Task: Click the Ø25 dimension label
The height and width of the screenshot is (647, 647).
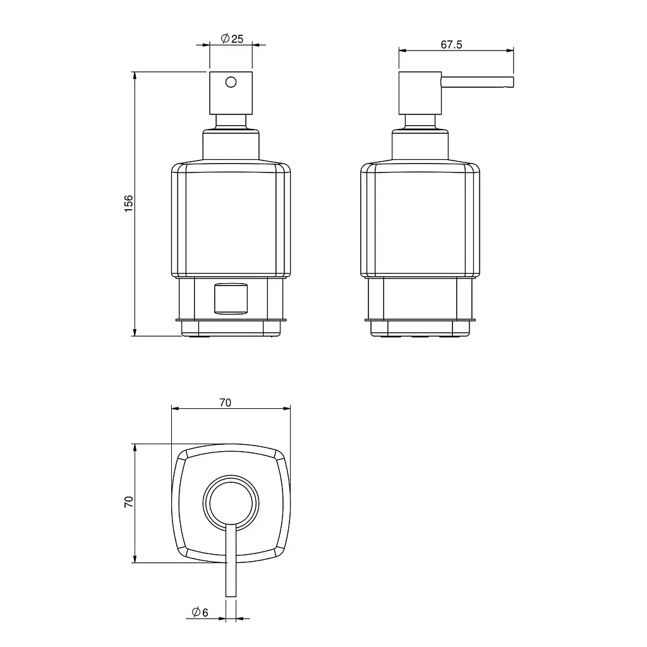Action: click(233, 39)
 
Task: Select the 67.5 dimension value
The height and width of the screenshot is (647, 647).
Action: click(451, 45)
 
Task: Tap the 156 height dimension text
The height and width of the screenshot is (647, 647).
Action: click(129, 204)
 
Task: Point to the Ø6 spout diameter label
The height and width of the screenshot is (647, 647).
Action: click(200, 612)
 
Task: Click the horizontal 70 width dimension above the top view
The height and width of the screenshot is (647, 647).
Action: click(226, 402)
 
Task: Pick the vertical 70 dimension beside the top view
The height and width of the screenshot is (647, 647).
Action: click(129, 502)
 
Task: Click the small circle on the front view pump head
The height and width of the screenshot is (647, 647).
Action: click(231, 82)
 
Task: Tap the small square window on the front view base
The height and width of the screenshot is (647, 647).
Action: click(231, 298)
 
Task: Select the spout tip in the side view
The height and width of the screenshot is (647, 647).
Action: click(512, 82)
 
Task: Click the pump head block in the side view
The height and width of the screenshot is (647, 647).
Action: click(420, 94)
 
